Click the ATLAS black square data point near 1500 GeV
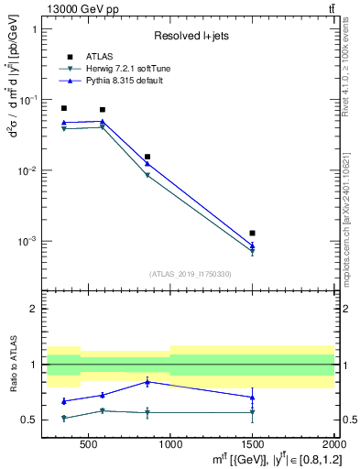(x=252, y=234)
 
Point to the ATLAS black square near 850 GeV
(x=147, y=157)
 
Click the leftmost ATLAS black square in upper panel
(x=63, y=108)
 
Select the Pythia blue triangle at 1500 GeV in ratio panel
(x=252, y=397)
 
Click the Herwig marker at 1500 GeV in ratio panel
(x=252, y=412)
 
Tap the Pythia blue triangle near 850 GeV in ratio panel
(x=147, y=381)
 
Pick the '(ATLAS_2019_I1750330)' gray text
(x=190, y=273)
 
